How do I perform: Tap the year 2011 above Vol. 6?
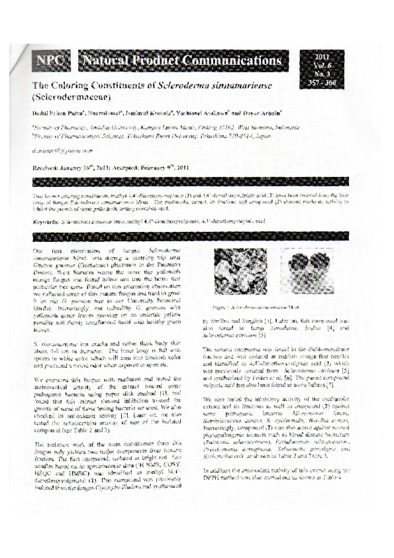tap(329, 57)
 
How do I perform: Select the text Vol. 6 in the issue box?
tap(329, 66)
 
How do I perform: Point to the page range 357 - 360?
tap(329, 84)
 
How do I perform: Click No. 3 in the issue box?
tap(329, 75)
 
